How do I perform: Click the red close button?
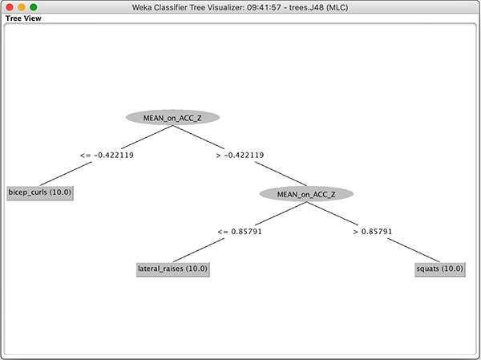[9, 6]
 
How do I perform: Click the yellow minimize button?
[22, 6]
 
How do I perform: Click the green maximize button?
[34, 6]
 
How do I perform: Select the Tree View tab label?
[23, 18]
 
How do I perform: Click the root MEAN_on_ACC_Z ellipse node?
[172, 118]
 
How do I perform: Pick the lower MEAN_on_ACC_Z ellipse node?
[306, 194]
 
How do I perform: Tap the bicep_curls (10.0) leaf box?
[40, 192]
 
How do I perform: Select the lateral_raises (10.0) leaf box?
[173, 269]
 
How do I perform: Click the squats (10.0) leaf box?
[440, 269]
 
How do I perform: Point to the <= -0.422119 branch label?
[107, 156]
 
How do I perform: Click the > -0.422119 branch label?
[240, 156]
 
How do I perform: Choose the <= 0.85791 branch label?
[240, 232]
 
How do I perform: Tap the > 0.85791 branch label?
[373, 232]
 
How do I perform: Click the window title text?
[240, 7]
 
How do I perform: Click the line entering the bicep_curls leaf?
[66, 174]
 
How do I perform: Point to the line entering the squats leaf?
[414, 250]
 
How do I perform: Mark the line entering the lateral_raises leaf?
[199, 250]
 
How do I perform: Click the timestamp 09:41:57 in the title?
[264, 7]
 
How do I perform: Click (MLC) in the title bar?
[338, 7]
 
